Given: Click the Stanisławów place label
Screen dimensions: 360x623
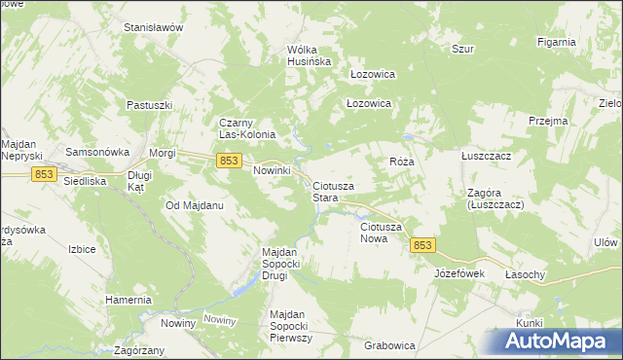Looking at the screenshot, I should pyautogui.click(x=154, y=28).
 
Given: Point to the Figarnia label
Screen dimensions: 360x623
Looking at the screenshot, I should pyautogui.click(x=557, y=43).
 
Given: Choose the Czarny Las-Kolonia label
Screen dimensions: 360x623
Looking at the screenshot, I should pyautogui.click(x=248, y=128).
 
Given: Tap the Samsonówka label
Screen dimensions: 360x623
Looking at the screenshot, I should pyautogui.click(x=97, y=153).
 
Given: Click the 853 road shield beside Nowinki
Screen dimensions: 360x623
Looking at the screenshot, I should pyautogui.click(x=229, y=161).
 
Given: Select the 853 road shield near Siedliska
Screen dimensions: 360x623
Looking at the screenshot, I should pyautogui.click(x=43, y=173).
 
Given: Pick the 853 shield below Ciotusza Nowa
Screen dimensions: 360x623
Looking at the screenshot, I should pyautogui.click(x=422, y=245).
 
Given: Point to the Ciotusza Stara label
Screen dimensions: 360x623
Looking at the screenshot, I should pyautogui.click(x=333, y=192).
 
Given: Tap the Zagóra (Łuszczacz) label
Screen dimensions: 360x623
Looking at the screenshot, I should pyautogui.click(x=495, y=199).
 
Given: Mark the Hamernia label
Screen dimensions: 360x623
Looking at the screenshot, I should pyautogui.click(x=129, y=300).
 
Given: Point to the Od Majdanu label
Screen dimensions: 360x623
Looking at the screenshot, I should pyautogui.click(x=196, y=206).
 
